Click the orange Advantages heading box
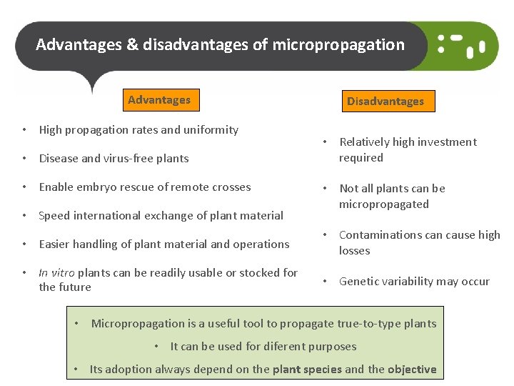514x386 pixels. [x=158, y=100]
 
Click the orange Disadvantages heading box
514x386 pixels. [x=385, y=102]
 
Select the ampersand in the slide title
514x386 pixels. [x=132, y=45]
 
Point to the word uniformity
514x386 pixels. [x=211, y=130]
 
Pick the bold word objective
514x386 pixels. [x=412, y=370]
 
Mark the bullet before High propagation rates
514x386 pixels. [x=24, y=130]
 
